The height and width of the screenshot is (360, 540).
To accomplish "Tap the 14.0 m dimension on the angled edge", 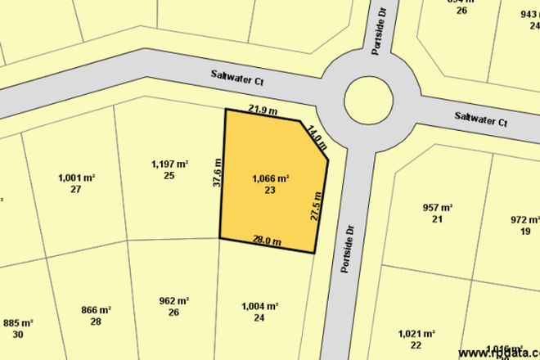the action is pyautogui.click(x=317, y=135).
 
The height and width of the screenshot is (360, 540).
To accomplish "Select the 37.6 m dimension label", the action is pyautogui.click(x=217, y=173).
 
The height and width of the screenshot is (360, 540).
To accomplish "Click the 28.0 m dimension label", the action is pyautogui.click(x=267, y=241).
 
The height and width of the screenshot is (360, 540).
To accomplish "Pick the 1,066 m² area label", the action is pyautogui.click(x=270, y=178).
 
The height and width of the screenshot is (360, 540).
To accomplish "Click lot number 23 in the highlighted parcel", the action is pyautogui.click(x=269, y=190).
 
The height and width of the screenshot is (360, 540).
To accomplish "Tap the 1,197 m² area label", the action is pyautogui.click(x=169, y=164).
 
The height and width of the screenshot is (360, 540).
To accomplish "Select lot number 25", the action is pyautogui.click(x=169, y=176).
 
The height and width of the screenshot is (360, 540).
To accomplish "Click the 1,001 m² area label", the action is pyautogui.click(x=76, y=178).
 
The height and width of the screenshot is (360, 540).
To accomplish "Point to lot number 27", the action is pyautogui.click(x=76, y=189).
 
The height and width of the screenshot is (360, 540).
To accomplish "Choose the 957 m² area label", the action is pyautogui.click(x=437, y=208).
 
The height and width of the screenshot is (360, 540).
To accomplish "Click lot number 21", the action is pyautogui.click(x=437, y=219).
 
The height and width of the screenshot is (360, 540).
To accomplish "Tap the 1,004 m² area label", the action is pyautogui.click(x=260, y=306).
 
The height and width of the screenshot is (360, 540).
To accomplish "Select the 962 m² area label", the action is pyautogui.click(x=173, y=300).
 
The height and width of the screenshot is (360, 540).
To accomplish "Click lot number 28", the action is pyautogui.click(x=96, y=322).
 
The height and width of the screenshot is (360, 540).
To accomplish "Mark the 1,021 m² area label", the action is pyautogui.click(x=416, y=333).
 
